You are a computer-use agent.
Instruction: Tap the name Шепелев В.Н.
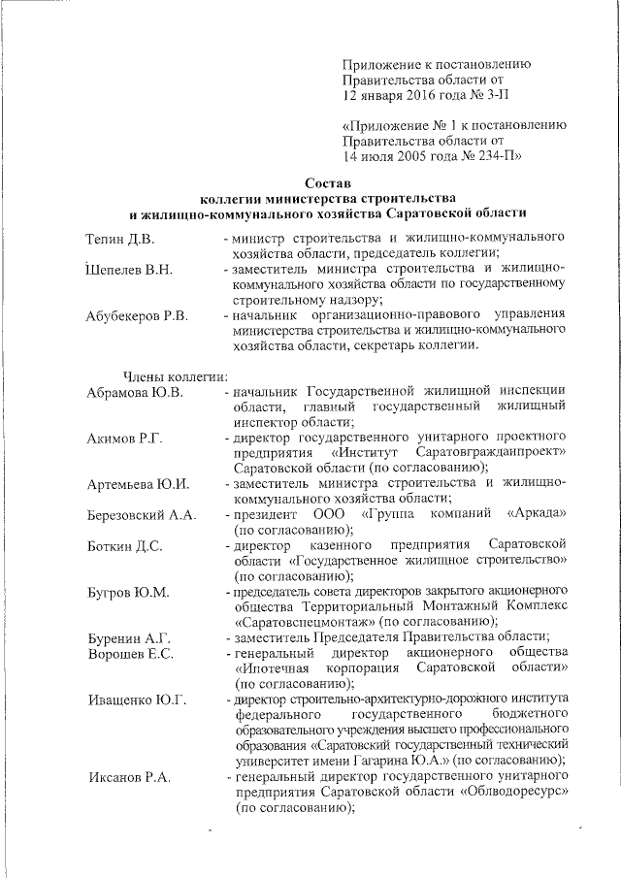(128, 270)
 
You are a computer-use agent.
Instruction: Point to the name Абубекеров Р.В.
(136, 316)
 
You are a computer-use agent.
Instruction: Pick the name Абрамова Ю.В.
(135, 392)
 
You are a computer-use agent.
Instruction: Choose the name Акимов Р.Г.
(123, 439)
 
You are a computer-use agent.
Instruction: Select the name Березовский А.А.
(142, 514)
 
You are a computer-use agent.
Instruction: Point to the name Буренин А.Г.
(128, 637)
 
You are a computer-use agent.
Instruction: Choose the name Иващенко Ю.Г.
(136, 699)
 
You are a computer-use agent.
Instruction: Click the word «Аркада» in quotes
(536, 513)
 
